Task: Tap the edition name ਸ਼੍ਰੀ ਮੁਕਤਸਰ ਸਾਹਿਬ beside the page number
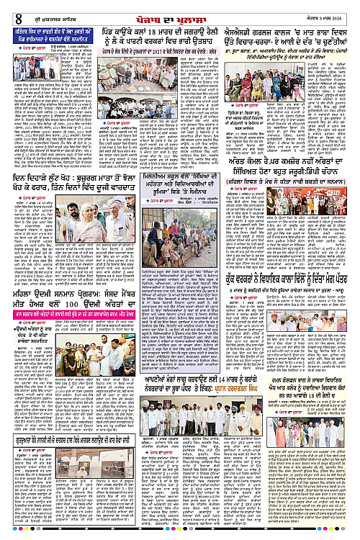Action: [36, 9]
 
